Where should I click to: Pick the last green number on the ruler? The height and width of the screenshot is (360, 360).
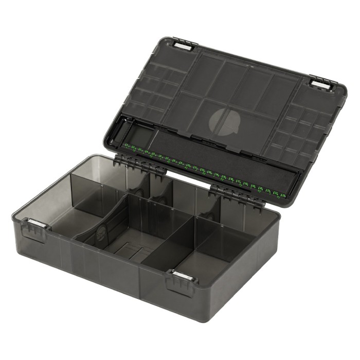[x=281, y=195]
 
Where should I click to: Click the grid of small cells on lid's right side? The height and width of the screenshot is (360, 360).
[x=303, y=134]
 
